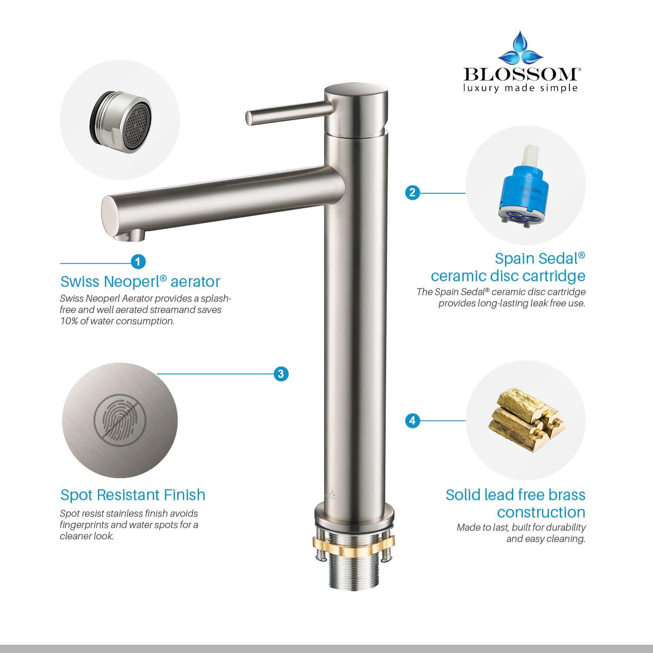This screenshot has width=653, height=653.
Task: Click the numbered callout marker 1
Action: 138,262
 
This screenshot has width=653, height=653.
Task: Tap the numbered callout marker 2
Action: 412,192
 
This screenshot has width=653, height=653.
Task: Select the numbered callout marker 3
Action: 281,374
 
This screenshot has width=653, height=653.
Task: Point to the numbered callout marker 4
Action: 412,421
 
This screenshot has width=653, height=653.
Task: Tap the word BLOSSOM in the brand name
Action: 520,74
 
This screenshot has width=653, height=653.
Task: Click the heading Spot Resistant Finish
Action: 133,495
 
